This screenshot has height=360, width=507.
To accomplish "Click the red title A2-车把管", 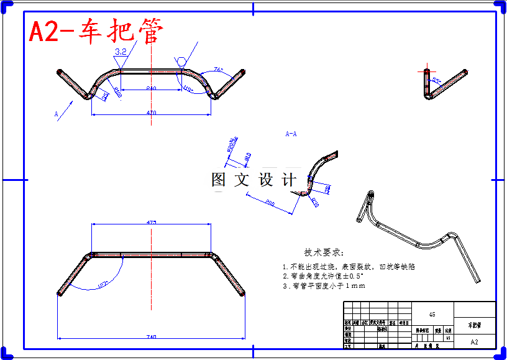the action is (96, 32).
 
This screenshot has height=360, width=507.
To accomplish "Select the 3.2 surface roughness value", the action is (121, 52).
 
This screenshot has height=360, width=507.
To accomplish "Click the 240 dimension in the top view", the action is (151, 89).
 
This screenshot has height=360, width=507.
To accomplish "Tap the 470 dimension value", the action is (151, 112).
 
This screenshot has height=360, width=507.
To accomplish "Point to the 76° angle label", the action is (218, 70).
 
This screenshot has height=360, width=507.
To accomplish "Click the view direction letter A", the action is (56, 114).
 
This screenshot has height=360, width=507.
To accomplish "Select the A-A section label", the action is (291, 134).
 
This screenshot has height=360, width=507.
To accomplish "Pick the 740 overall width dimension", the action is (151, 336).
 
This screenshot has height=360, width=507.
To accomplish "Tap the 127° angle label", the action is (103, 284).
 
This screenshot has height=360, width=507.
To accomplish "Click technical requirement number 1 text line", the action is (349, 266).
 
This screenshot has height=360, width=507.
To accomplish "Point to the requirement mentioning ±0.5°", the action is (323, 275).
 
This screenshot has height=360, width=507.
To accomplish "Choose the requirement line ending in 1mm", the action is (324, 286).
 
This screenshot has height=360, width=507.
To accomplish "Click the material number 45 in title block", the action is (432, 315).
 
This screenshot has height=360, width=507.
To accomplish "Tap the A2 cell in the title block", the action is (475, 342).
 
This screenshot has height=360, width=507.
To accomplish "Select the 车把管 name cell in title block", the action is (475, 325).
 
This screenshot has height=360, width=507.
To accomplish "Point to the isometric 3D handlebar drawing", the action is (416, 236).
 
